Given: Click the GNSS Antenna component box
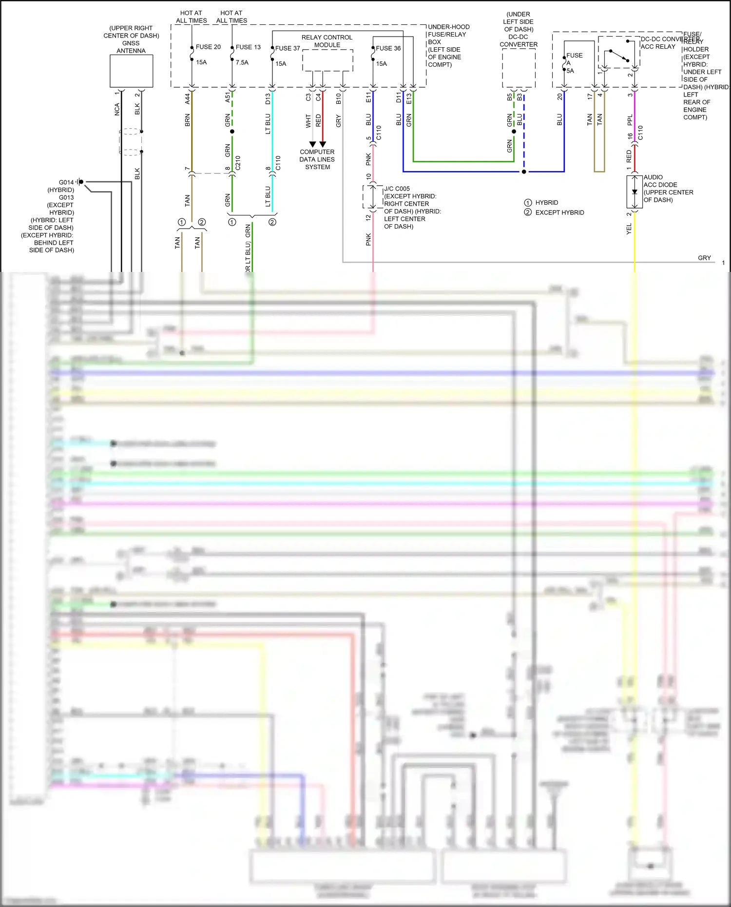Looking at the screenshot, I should pyautogui.click(x=131, y=71).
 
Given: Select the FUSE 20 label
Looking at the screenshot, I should pyautogui.click(x=208, y=47).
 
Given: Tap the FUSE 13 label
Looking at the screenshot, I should pyautogui.click(x=248, y=47).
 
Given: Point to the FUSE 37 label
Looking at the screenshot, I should pyautogui.click(x=288, y=48).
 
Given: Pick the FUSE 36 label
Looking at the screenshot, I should pyautogui.click(x=388, y=48).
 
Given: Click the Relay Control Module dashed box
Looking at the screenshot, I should pyautogui.click(x=327, y=60).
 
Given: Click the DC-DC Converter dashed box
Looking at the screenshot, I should pyautogui.click(x=519, y=68).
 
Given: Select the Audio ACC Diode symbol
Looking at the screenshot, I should pyautogui.click(x=635, y=192).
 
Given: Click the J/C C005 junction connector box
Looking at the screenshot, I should pyautogui.click(x=373, y=196).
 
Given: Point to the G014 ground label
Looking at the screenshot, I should pyautogui.click(x=66, y=182).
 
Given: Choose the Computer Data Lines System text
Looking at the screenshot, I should pyautogui.click(x=317, y=159).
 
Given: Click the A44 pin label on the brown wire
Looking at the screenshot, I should pyautogui.click(x=188, y=99).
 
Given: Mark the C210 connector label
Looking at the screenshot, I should pyautogui.click(x=238, y=163).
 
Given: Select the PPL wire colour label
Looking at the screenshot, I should pyautogui.click(x=630, y=120).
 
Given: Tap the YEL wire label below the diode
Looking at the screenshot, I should pyautogui.click(x=629, y=229).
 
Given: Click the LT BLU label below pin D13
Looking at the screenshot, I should pyautogui.click(x=268, y=124).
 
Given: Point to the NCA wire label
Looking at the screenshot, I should pyautogui.click(x=117, y=110).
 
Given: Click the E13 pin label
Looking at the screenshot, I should pyautogui.click(x=409, y=98).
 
